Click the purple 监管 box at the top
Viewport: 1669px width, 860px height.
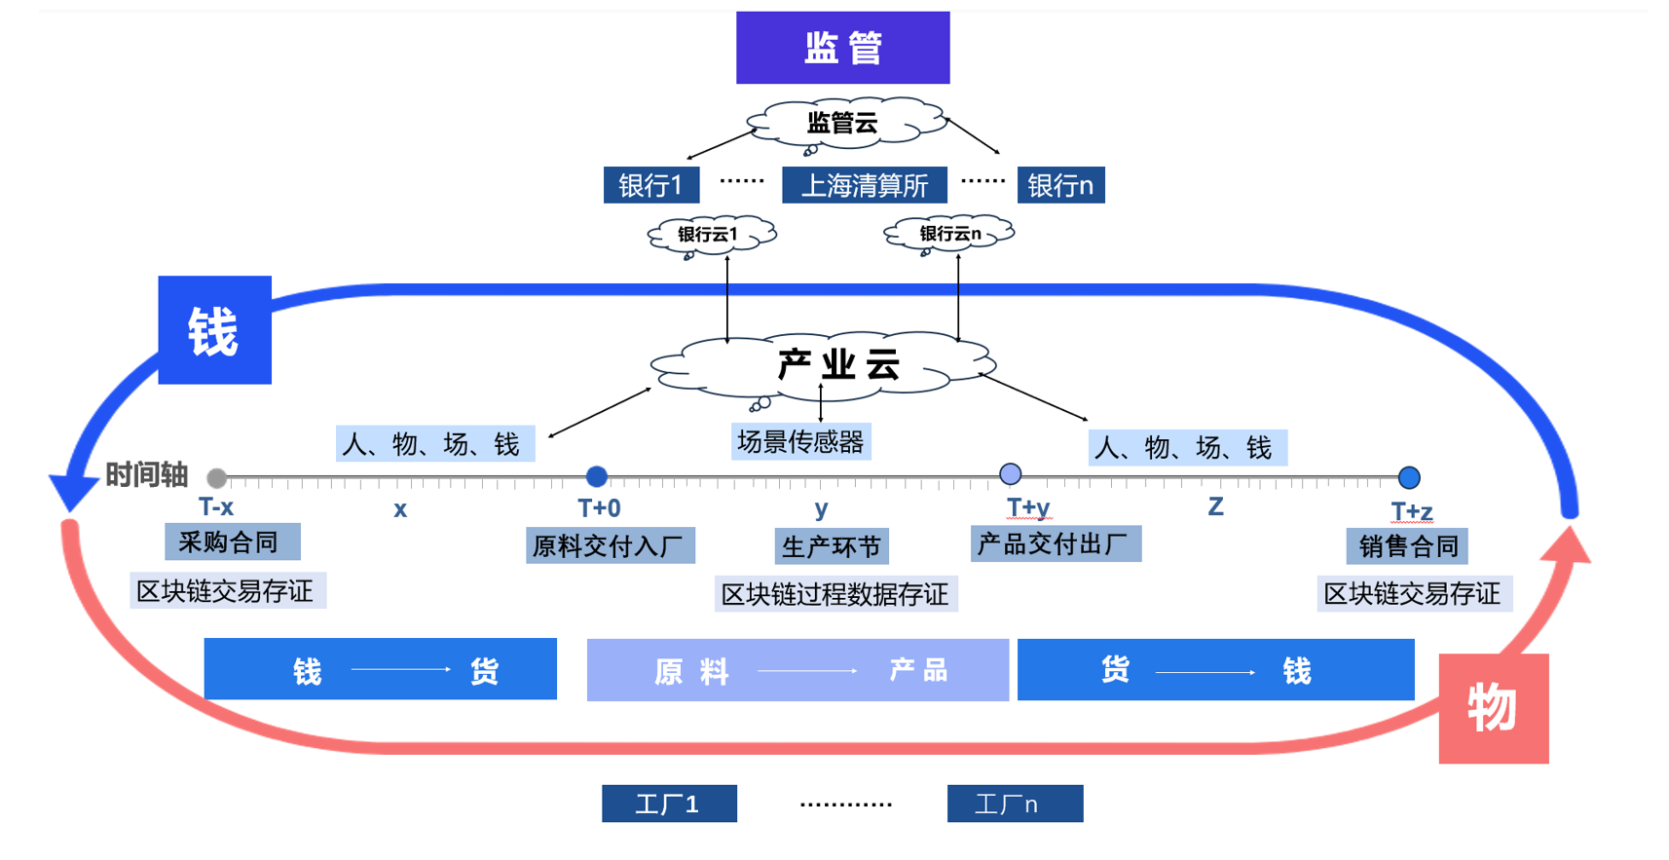coord(842,48)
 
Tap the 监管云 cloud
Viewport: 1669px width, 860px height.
coord(843,124)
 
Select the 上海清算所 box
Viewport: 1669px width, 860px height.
coord(864,185)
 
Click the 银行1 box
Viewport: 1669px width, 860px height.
coord(650,185)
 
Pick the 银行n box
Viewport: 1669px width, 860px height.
coord(1060,185)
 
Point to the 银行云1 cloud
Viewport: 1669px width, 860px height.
coord(710,235)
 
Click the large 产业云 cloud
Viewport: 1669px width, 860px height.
coord(837,365)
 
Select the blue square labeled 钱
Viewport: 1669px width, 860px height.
coord(214,330)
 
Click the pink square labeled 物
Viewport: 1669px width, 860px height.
coord(1493,708)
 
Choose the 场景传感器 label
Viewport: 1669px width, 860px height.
coord(800,442)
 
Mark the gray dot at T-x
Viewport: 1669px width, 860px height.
coord(217,477)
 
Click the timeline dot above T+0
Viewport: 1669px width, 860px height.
coord(597,476)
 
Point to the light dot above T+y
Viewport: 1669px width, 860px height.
coord(1011,474)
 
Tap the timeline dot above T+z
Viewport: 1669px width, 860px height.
coord(1409,477)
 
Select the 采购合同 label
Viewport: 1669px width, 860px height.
coord(232,542)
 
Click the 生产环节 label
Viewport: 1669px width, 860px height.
coord(831,546)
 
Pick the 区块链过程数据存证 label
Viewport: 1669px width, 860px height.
coord(834,594)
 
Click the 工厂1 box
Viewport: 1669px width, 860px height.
coord(669,804)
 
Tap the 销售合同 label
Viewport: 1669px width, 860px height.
coord(1407,546)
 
